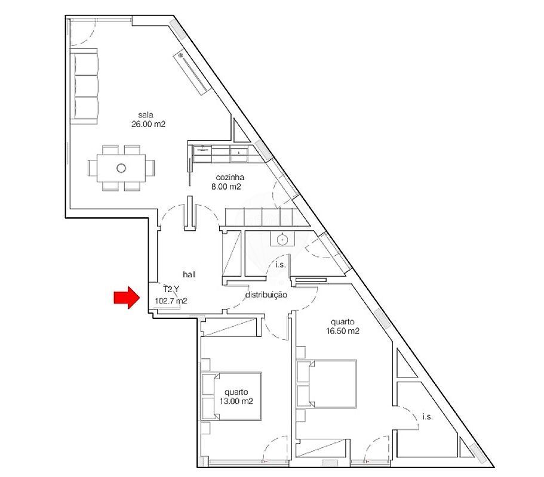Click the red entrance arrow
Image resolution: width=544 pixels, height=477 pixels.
coord(127,297)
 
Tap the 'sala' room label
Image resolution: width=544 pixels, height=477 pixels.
coord(146,114)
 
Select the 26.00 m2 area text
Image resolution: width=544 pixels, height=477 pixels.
coord(148,124)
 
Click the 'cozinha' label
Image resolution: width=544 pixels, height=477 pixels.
coord(230,177)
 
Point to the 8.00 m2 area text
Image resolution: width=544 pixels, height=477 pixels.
coord(226,187)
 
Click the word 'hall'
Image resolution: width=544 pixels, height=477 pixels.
coord(189,274)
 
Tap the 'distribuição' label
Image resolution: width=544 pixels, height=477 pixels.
coord(266,295)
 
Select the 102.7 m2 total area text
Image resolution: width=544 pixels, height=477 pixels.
coord(171,301)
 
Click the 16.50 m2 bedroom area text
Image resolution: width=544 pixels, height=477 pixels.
coord(342,331)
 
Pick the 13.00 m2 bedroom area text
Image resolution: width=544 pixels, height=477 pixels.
coord(236,401)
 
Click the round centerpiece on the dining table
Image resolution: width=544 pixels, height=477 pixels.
coord(121,168)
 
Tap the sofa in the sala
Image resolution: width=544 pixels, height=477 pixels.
coord(84,86)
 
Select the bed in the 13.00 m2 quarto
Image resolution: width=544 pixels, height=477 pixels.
coord(232,397)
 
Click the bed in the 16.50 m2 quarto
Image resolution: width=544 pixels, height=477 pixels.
coord(327,383)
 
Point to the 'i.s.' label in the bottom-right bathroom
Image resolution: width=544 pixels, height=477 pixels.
coord(428,417)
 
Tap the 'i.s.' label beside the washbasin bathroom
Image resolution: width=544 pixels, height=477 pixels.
coord(280,265)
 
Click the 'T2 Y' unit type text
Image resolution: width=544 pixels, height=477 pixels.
coord(171,290)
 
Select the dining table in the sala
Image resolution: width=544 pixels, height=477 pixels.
coord(121,168)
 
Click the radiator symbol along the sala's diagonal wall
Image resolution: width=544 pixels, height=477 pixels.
coord(192,73)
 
